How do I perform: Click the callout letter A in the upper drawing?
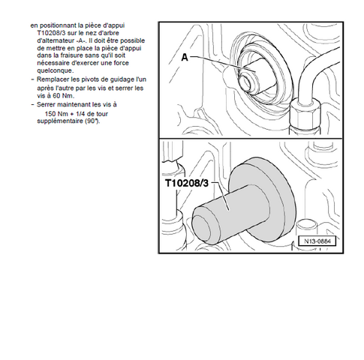pos(185,58)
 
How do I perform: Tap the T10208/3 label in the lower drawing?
pos(187,183)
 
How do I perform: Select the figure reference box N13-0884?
pos(317,241)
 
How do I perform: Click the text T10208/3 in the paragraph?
pos(51,33)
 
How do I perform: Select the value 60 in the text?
pos(57,96)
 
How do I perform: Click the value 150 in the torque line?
pos(50,114)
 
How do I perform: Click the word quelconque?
pos(55,70)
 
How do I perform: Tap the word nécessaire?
pos(52,63)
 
